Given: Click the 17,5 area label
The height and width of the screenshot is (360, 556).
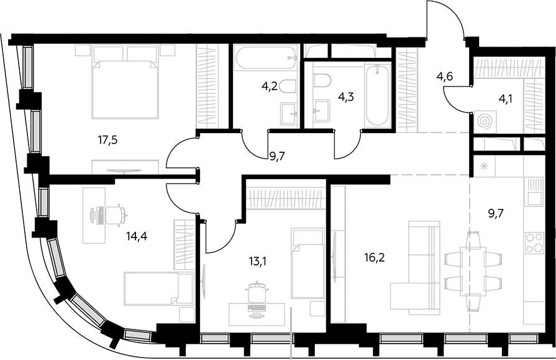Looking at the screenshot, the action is pyautogui.click(x=107, y=141).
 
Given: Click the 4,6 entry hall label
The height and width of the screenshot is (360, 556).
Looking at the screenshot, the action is pyautogui.click(x=445, y=76).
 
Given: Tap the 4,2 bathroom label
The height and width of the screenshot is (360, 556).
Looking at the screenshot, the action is pyautogui.click(x=269, y=87).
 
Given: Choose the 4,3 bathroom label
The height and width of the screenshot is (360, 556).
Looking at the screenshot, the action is pyautogui.click(x=346, y=96).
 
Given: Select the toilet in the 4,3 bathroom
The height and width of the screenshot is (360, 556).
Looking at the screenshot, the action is pyautogui.click(x=322, y=80).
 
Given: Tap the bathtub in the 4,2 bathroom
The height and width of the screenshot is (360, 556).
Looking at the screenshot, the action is pyautogui.click(x=266, y=58).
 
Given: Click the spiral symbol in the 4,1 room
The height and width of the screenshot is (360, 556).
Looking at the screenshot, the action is pyautogui.click(x=485, y=122).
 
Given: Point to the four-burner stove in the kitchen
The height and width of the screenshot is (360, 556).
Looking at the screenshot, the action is pyautogui.click(x=534, y=242).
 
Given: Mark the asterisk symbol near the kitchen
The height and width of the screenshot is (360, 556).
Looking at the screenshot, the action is pyautogui.click(x=484, y=165).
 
